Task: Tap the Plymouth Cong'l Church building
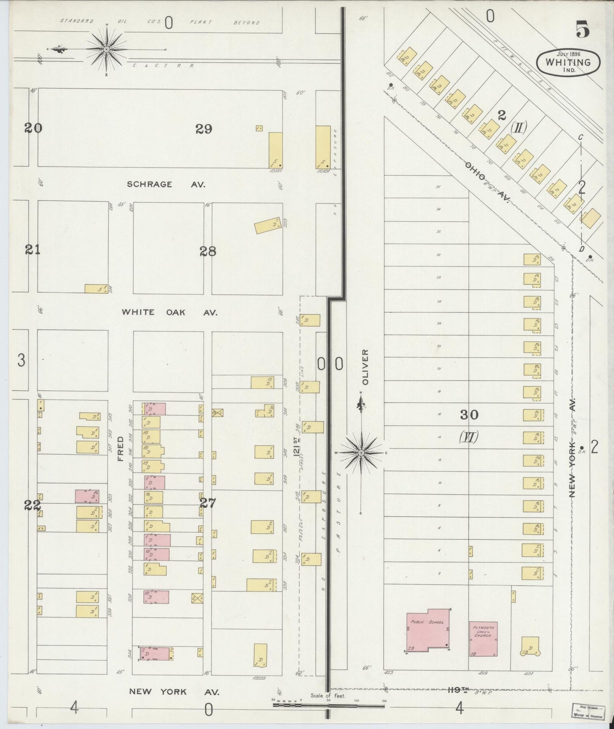pos(483,639)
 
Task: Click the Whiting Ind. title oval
pos(568,62)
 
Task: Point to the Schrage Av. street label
pos(166,184)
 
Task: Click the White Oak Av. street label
pos(169,312)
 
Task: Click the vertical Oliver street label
pos(365,367)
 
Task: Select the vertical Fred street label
pos(120,448)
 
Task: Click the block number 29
pos(204,129)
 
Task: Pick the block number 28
pos(208,251)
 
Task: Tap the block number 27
pos(208,504)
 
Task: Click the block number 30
pos(469,415)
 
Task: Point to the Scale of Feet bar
pos(328,705)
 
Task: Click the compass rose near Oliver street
pos(361,453)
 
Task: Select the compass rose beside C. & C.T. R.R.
pos(106,49)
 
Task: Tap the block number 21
pos(33,250)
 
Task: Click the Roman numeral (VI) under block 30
pos(469,437)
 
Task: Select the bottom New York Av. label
pos(174,692)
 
